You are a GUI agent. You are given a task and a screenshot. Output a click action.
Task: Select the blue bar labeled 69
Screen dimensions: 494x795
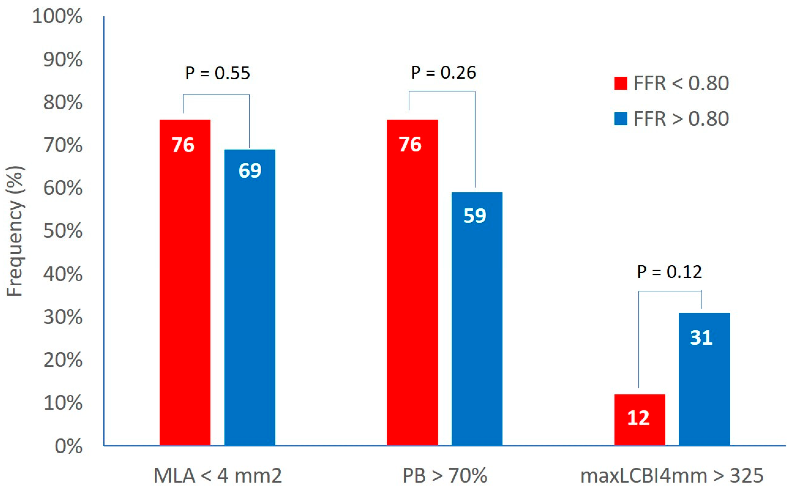[x=250, y=297]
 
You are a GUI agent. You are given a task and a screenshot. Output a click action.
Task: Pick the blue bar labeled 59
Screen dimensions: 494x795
[x=477, y=319]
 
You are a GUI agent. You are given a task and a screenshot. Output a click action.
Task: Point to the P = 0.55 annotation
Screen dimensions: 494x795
[x=217, y=73]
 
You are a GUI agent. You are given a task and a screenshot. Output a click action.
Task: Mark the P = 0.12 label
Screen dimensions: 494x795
[x=669, y=272]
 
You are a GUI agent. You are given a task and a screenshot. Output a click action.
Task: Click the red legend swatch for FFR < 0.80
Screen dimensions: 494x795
[x=621, y=83]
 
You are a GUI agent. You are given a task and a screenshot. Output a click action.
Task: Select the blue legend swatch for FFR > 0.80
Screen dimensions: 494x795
[x=621, y=119]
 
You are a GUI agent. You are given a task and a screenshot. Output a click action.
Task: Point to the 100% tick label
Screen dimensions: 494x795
[x=57, y=16]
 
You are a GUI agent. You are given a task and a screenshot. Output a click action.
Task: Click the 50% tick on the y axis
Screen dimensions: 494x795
[x=63, y=231]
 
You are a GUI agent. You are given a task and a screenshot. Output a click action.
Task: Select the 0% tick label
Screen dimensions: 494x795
[x=68, y=446]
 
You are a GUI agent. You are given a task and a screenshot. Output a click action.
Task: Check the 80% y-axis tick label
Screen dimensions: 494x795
[x=63, y=102]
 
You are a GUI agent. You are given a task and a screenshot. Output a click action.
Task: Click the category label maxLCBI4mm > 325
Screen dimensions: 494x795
[x=672, y=476]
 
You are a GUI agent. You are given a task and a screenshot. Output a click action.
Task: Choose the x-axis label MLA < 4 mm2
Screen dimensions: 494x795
[x=217, y=476]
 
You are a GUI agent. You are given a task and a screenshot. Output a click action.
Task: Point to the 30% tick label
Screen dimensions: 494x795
[x=63, y=317]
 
